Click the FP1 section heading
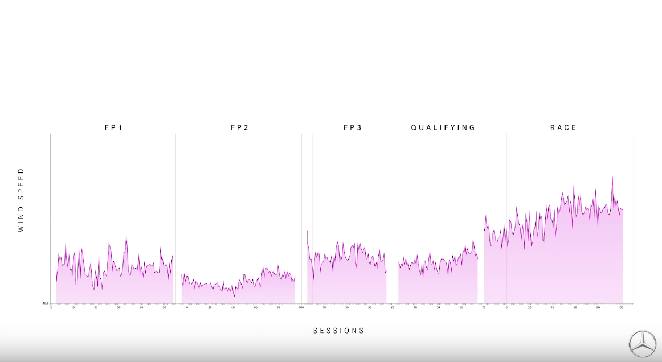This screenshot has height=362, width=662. point(113,128)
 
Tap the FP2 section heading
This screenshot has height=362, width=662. point(239,128)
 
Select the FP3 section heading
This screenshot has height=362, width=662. point(352,128)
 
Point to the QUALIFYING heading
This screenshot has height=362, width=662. point(443,128)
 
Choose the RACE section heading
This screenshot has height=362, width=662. point(563,128)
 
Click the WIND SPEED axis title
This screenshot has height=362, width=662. point(21,200)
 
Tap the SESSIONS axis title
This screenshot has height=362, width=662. point(338,331)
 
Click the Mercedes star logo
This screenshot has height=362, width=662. point(642,343)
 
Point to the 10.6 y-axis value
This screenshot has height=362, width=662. point(46,303)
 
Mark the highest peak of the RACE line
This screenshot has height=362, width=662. point(612,177)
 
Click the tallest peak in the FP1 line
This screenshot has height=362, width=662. point(126,236)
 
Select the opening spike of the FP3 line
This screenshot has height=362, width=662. point(307,231)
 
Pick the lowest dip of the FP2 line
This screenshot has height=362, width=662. point(234,297)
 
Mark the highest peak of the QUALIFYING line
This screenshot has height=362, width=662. point(473,240)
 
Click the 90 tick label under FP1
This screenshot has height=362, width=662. point(164,308)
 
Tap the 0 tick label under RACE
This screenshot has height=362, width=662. point(506,308)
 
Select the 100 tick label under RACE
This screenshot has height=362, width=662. point(621,308)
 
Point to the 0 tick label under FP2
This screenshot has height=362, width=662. point(187,308)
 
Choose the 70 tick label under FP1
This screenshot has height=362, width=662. point(141,308)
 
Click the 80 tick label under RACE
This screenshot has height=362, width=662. point(598,308)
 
